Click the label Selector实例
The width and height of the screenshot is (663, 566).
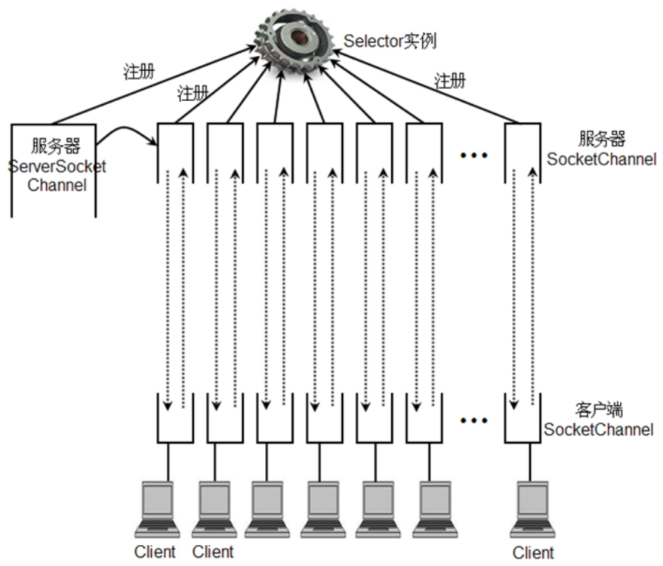(x=390, y=40)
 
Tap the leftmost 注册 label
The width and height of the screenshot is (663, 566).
(x=139, y=72)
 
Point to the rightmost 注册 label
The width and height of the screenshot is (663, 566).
(x=451, y=81)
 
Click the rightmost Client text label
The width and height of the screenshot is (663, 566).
(x=532, y=552)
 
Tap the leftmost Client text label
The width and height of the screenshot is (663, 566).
(x=155, y=551)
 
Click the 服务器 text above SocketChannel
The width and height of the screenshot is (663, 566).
(x=602, y=140)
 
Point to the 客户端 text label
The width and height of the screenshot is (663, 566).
(x=598, y=412)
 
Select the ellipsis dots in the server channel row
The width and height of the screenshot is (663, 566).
(x=474, y=155)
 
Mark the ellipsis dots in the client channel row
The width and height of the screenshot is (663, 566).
(x=474, y=420)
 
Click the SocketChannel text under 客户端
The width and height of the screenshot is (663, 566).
(x=599, y=430)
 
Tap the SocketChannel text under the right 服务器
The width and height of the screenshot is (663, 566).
(x=602, y=159)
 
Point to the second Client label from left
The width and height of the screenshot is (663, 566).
(x=213, y=551)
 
